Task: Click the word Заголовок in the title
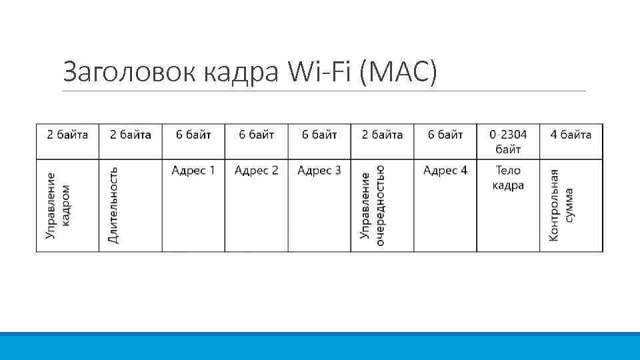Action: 127,71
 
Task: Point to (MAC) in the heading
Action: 398,71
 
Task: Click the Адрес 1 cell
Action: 193,171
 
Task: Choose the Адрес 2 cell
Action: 256,171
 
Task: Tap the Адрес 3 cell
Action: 319,171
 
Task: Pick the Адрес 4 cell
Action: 445,171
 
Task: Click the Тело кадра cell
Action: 508,178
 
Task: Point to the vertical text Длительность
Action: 114,205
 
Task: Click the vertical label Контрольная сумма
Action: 561,205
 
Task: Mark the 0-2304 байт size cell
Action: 508,142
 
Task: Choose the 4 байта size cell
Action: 571,135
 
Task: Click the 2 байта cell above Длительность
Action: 131,135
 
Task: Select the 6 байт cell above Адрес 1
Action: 193,135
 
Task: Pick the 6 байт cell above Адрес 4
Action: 445,135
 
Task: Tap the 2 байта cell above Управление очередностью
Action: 382,135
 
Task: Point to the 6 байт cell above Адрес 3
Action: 319,135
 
